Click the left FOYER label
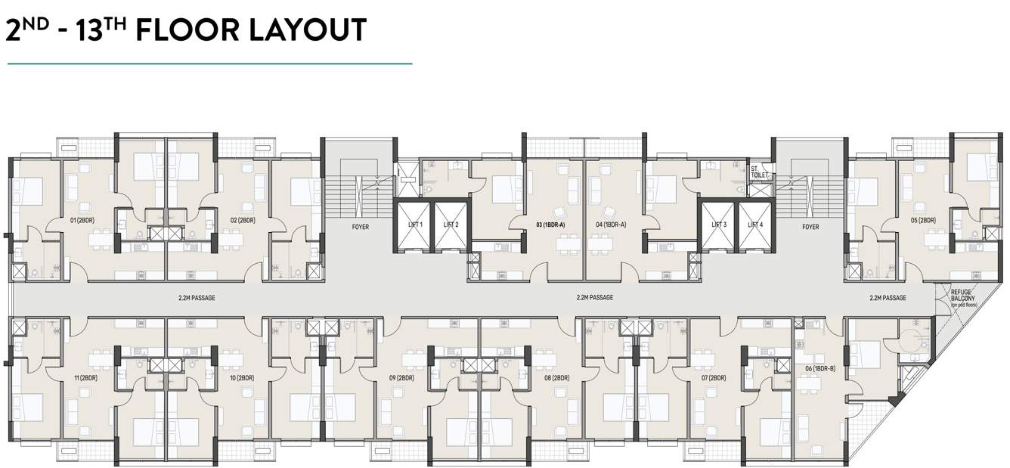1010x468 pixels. (x=360, y=227)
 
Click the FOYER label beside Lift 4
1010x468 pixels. (x=810, y=227)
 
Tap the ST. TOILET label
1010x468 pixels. (x=759, y=172)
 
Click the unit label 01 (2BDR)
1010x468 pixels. (x=82, y=221)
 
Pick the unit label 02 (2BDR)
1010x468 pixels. (x=242, y=221)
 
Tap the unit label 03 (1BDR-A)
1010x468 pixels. (x=550, y=225)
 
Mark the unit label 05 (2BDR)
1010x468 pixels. (x=923, y=221)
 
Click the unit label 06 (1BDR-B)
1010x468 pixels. (x=820, y=368)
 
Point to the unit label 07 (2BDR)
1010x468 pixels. (x=714, y=377)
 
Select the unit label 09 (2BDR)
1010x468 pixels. (x=402, y=377)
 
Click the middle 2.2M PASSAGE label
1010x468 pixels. (x=594, y=298)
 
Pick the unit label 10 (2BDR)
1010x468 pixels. (x=242, y=377)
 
